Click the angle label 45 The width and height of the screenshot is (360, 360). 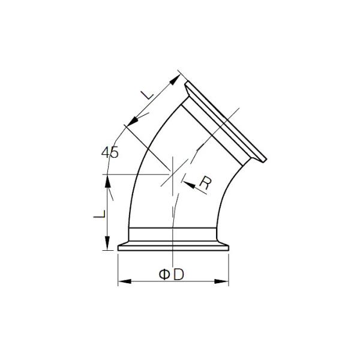pyautogui.click(x=110, y=152)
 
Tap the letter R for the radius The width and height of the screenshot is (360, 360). pyautogui.click(x=204, y=184)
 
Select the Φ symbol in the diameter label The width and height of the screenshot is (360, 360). pyautogui.click(x=164, y=274)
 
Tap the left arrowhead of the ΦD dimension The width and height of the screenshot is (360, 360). pyautogui.click(x=122, y=281)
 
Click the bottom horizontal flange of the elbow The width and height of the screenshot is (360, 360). pyautogui.click(x=173, y=245)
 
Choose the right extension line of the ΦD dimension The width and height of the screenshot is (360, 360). pyautogui.click(x=229, y=267)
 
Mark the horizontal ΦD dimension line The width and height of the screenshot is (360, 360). pyautogui.click(x=144, y=281)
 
